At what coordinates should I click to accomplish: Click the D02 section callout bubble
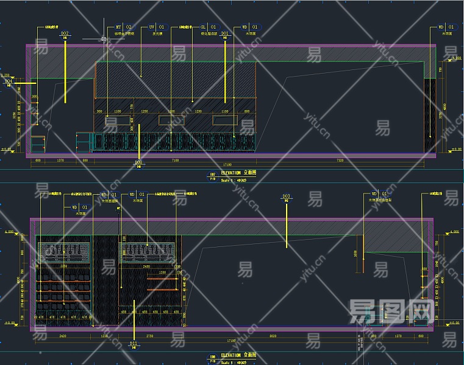[65, 35]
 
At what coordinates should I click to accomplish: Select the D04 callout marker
[9, 82]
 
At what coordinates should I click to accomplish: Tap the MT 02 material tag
[124, 27]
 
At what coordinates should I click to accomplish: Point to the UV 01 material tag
[157, 27]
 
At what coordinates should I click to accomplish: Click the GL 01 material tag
[208, 27]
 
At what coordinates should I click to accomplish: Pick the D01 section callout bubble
[225, 35]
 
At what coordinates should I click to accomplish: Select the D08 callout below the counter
[139, 163]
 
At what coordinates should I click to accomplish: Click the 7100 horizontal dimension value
[176, 160]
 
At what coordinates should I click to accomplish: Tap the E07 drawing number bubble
[213, 176]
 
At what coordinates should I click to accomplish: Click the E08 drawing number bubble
[213, 356]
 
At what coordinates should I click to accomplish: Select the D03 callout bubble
[286, 197]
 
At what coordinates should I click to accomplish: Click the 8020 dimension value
[273, 335]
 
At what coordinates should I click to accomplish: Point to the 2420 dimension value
[62, 335]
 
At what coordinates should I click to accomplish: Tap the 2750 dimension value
[150, 335]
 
